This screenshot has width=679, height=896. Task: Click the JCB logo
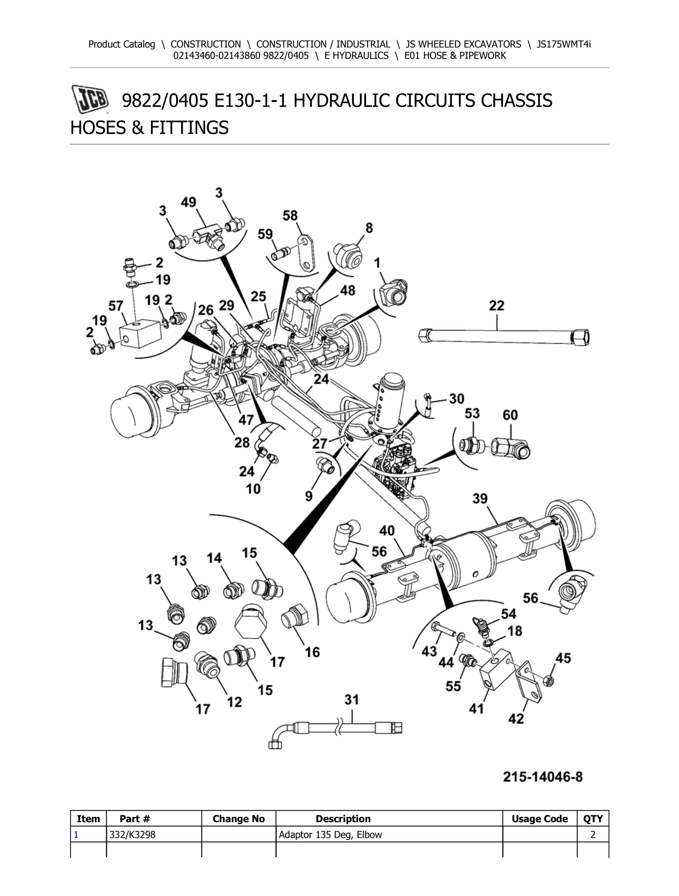pos(90,99)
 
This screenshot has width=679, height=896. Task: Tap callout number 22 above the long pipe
pos(496,305)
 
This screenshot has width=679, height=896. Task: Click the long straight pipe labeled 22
pos(502,337)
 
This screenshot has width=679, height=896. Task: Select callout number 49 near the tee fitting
pos(188,202)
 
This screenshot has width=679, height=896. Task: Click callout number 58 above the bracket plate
pos(290,215)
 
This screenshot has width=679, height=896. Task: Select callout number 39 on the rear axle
pos(480,498)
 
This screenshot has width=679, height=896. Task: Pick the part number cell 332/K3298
pos(132,834)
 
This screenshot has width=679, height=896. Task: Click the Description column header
pos(343,819)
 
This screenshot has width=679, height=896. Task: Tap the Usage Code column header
pos(539,819)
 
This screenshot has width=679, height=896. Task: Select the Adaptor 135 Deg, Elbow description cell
pos(330,834)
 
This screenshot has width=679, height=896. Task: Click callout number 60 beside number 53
pos(510,415)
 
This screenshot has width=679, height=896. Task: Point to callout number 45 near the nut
pos(563,658)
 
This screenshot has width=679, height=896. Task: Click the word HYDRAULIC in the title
pos(342,100)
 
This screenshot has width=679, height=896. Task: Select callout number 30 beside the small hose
pos(457,399)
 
